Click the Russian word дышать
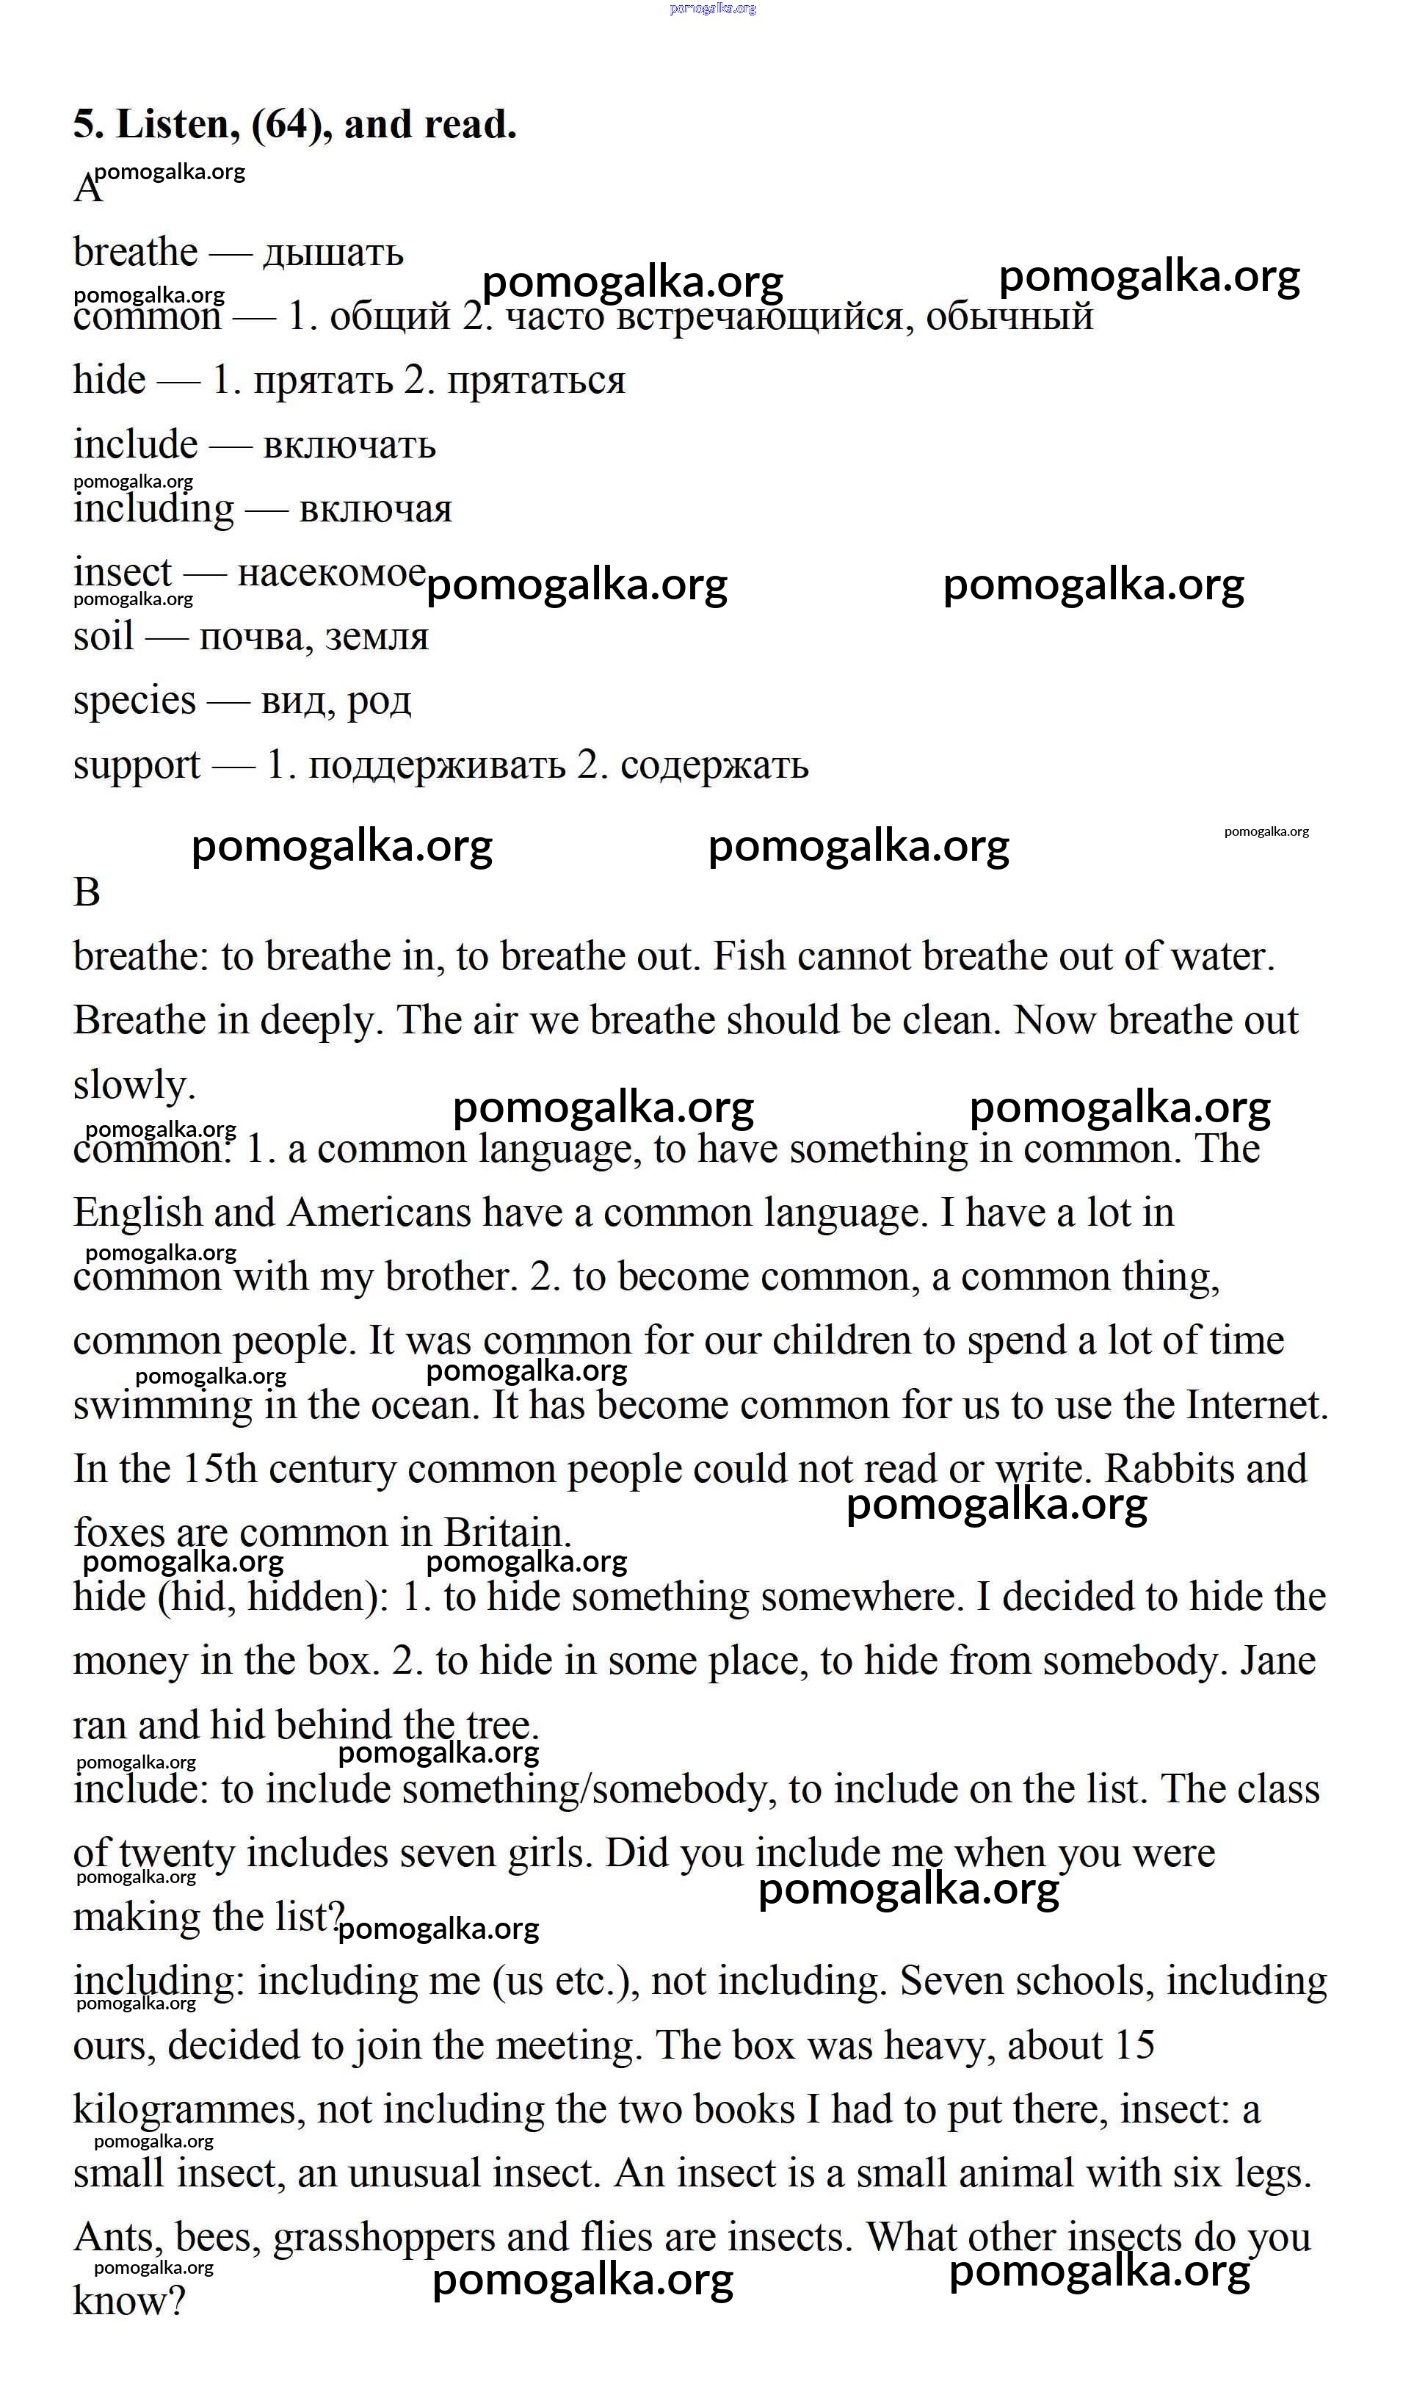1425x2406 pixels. click(333, 253)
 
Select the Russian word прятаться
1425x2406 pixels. click(536, 381)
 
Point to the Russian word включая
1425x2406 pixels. click(375, 509)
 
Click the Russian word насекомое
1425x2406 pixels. click(331, 574)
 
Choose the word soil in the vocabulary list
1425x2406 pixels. click(103, 637)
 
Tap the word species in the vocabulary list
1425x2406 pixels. click(134, 701)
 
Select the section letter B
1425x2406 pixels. click(87, 892)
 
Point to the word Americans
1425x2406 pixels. click(380, 1213)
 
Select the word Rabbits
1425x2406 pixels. click(1176, 1470)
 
